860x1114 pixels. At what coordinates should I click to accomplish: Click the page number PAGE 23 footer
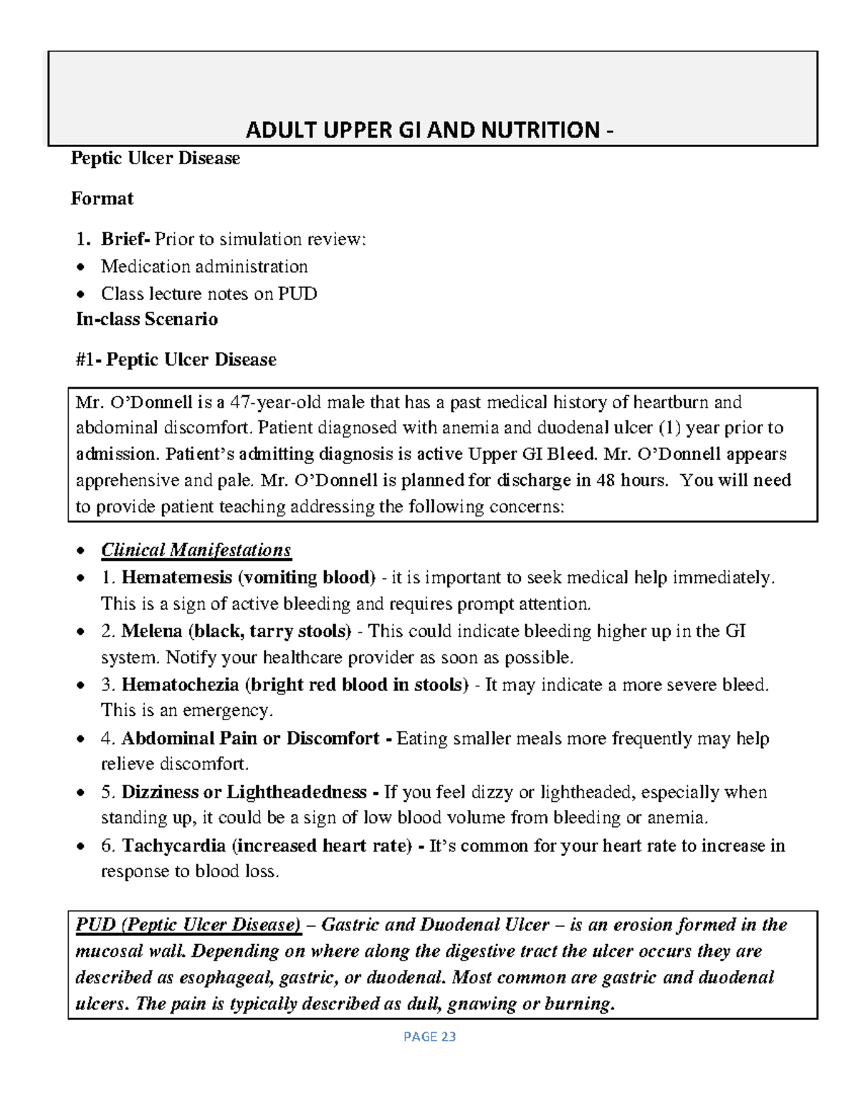tap(429, 1037)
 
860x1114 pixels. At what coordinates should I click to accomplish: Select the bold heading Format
tap(102, 199)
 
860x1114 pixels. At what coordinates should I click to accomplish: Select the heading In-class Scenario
tap(147, 319)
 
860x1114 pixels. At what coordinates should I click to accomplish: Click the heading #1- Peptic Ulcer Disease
tap(176, 359)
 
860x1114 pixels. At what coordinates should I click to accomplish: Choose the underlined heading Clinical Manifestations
tap(196, 550)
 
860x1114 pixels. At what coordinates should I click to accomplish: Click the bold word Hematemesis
tap(176, 577)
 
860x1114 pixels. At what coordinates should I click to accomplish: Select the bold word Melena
tap(152, 631)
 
